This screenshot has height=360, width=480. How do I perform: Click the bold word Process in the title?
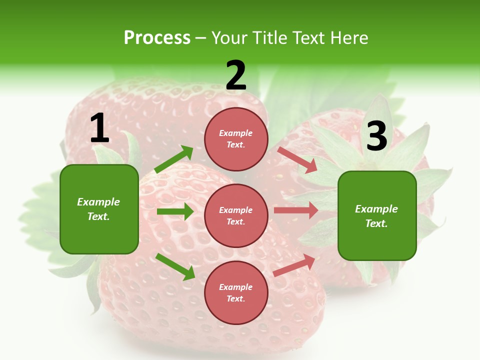pos(157,38)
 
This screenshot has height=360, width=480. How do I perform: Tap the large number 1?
pos(99,129)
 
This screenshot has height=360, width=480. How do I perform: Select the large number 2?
pos(236,76)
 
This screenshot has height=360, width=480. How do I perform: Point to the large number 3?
pos(376,136)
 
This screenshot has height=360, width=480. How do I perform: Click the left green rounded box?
pos(99,209)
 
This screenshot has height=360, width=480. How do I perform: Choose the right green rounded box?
pos(377,215)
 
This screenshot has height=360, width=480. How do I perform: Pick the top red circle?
pos(236,139)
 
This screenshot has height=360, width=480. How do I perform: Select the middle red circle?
pos(236,215)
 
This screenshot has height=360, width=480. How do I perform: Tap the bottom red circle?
pos(236,292)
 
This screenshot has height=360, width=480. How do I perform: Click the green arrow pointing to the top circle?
pos(173,159)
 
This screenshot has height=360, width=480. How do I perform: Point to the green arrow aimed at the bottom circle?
pos(175,266)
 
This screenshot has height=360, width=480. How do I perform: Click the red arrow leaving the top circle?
pos(297,159)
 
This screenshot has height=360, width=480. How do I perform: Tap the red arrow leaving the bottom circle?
pos(294,265)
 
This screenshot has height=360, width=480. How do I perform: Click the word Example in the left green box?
pos(98,202)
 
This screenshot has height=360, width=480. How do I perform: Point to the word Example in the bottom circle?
pos(236,287)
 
